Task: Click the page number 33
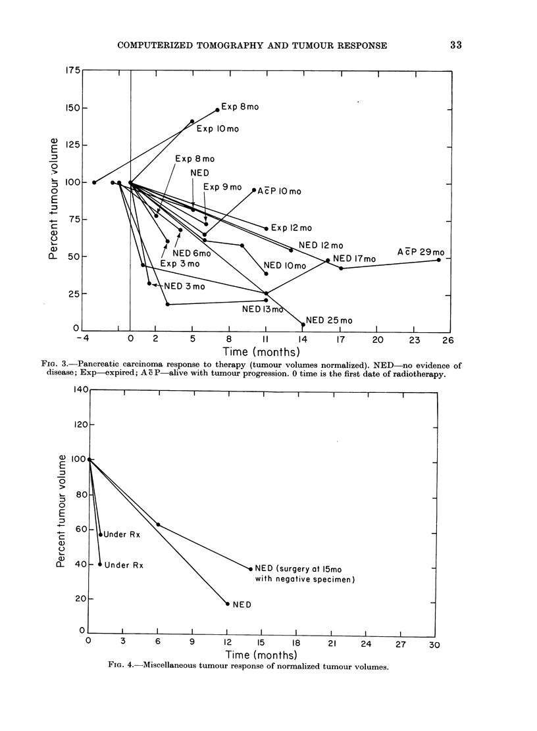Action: click(457, 45)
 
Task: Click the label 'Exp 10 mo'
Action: click(217, 129)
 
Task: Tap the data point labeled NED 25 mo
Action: click(303, 324)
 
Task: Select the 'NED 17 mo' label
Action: click(354, 259)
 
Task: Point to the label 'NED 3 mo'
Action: click(184, 286)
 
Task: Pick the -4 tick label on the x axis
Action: click(83, 340)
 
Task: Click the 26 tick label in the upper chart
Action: click(447, 340)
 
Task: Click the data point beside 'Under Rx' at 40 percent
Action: click(100, 564)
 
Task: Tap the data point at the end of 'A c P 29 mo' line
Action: click(438, 260)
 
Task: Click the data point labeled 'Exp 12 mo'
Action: click(267, 228)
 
